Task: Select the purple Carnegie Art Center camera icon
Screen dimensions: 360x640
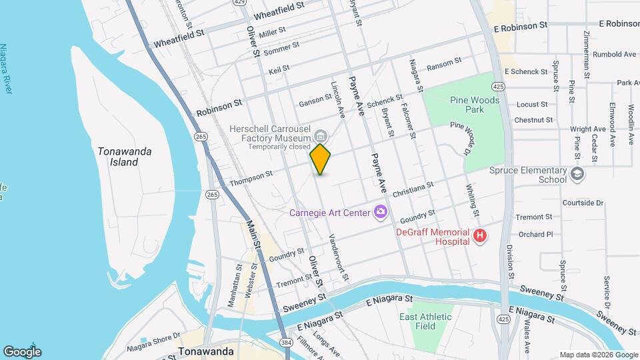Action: click(381, 213)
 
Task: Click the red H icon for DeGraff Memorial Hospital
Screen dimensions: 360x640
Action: click(479, 235)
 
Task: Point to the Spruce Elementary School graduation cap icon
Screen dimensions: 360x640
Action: click(577, 175)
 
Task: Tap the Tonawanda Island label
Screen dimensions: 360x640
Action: click(125, 157)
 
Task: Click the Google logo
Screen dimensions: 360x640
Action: click(22, 351)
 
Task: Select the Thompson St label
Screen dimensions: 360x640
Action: click(251, 176)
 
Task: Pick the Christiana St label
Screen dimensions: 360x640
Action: click(413, 189)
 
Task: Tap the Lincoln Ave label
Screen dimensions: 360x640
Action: click(338, 97)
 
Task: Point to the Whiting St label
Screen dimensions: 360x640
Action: click(474, 201)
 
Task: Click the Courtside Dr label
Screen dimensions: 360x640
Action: click(582, 203)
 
